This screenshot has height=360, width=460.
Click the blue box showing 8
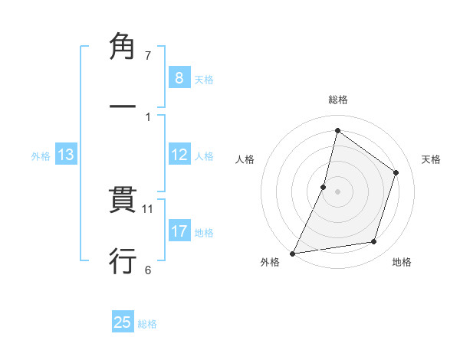(179, 77)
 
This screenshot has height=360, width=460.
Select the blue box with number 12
(179, 155)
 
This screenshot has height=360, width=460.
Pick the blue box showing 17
(179, 231)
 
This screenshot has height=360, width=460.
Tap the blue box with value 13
(66, 155)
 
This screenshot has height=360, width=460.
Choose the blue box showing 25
(123, 322)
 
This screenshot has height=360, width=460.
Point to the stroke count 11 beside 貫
(149, 208)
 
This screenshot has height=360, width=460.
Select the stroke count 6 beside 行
(148, 270)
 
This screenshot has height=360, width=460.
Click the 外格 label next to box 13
(41, 156)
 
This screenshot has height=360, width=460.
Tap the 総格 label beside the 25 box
(147, 324)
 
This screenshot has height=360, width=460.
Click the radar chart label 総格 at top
(337, 100)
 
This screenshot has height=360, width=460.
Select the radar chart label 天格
(431, 159)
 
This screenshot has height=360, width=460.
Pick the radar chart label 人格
(245, 159)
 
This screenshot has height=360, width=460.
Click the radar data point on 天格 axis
(396, 172)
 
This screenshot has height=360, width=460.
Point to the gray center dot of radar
(337, 191)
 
